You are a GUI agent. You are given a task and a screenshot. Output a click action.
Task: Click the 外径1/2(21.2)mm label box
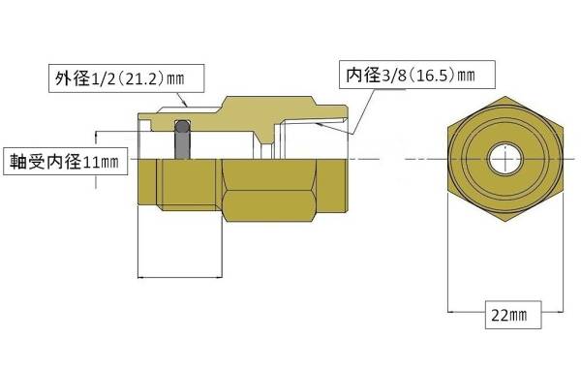(x=126, y=78)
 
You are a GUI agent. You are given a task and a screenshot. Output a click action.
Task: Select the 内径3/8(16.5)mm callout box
(x=416, y=75)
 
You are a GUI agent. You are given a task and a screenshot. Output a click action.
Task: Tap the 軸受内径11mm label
(x=66, y=162)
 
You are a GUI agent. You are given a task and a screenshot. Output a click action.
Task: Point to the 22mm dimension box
(x=513, y=315)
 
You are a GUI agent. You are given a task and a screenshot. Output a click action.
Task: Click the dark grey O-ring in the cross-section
(x=182, y=139)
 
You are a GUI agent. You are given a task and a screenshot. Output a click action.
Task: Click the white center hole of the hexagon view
(x=505, y=160)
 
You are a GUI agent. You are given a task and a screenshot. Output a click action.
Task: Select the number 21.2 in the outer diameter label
(x=142, y=78)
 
